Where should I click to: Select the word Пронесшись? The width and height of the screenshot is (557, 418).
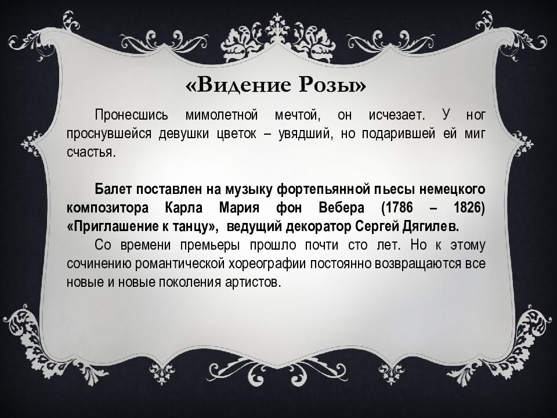[129, 115]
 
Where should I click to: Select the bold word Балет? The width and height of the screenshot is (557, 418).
[115, 189]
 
